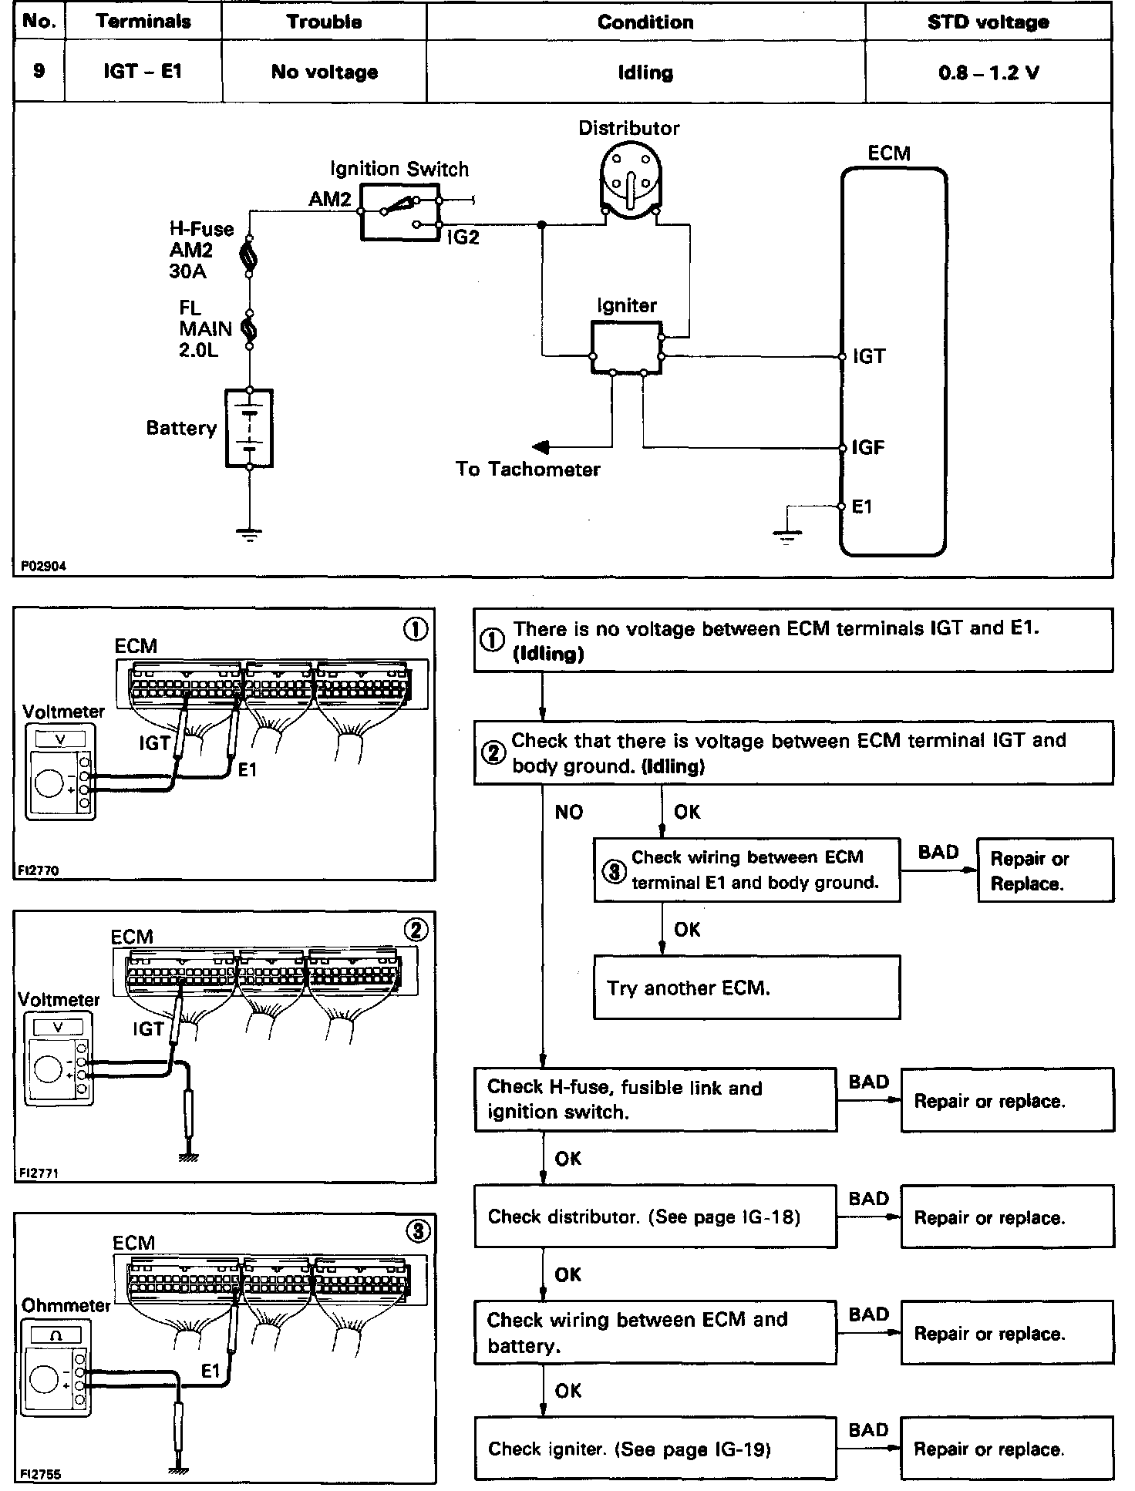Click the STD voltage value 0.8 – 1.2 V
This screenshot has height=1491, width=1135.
988,73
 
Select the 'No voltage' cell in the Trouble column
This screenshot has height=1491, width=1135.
325,72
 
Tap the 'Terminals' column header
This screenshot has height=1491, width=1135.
143,22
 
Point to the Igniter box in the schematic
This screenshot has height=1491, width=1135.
626,348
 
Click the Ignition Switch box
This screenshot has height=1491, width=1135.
399,211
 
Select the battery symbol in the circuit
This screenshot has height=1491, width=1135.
249,429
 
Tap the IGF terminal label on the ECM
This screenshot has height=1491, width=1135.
867,448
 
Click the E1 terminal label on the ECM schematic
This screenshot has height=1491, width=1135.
862,507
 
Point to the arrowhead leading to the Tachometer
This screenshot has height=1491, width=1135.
541,447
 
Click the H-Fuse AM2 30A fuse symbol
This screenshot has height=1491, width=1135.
248,257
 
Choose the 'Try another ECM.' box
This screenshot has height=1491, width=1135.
746,988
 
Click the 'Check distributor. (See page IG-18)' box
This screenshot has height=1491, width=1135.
655,1217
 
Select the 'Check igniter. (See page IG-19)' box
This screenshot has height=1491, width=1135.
655,1449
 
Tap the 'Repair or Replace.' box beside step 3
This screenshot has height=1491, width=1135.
1045,870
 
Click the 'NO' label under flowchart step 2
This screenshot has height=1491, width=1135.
569,812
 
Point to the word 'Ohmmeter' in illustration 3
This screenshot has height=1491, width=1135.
66,1305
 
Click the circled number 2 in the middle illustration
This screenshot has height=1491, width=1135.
416,931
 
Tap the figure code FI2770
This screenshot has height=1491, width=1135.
38,870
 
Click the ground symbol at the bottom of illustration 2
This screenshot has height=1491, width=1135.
187,1157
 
